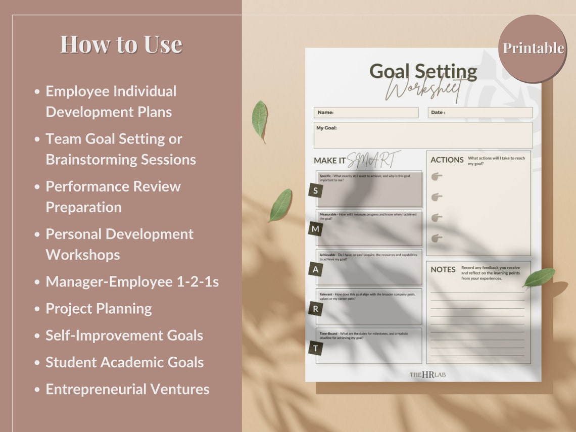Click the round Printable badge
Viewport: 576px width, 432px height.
[533, 49]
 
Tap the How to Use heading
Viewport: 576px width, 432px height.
[121, 44]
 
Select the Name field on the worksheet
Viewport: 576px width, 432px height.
[366, 112]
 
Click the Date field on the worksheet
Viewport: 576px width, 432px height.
[480, 112]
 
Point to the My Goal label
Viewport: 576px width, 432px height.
[326, 128]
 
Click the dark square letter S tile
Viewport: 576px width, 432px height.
[316, 190]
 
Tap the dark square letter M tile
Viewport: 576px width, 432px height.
[316, 229]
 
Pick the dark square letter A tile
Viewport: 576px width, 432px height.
[316, 269]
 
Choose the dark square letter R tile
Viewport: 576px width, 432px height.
[316, 309]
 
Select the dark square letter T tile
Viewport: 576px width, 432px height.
[316, 348]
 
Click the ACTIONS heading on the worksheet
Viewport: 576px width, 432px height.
[447, 160]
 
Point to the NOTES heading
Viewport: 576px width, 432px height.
[443, 269]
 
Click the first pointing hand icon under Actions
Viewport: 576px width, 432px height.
[437, 176]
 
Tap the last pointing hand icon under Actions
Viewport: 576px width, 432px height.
[437, 238]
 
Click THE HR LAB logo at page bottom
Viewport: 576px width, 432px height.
[427, 374]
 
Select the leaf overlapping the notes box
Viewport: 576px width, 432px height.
[539, 277]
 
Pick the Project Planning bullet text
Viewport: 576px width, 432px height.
[99, 309]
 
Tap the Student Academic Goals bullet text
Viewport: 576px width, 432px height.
[124, 362]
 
